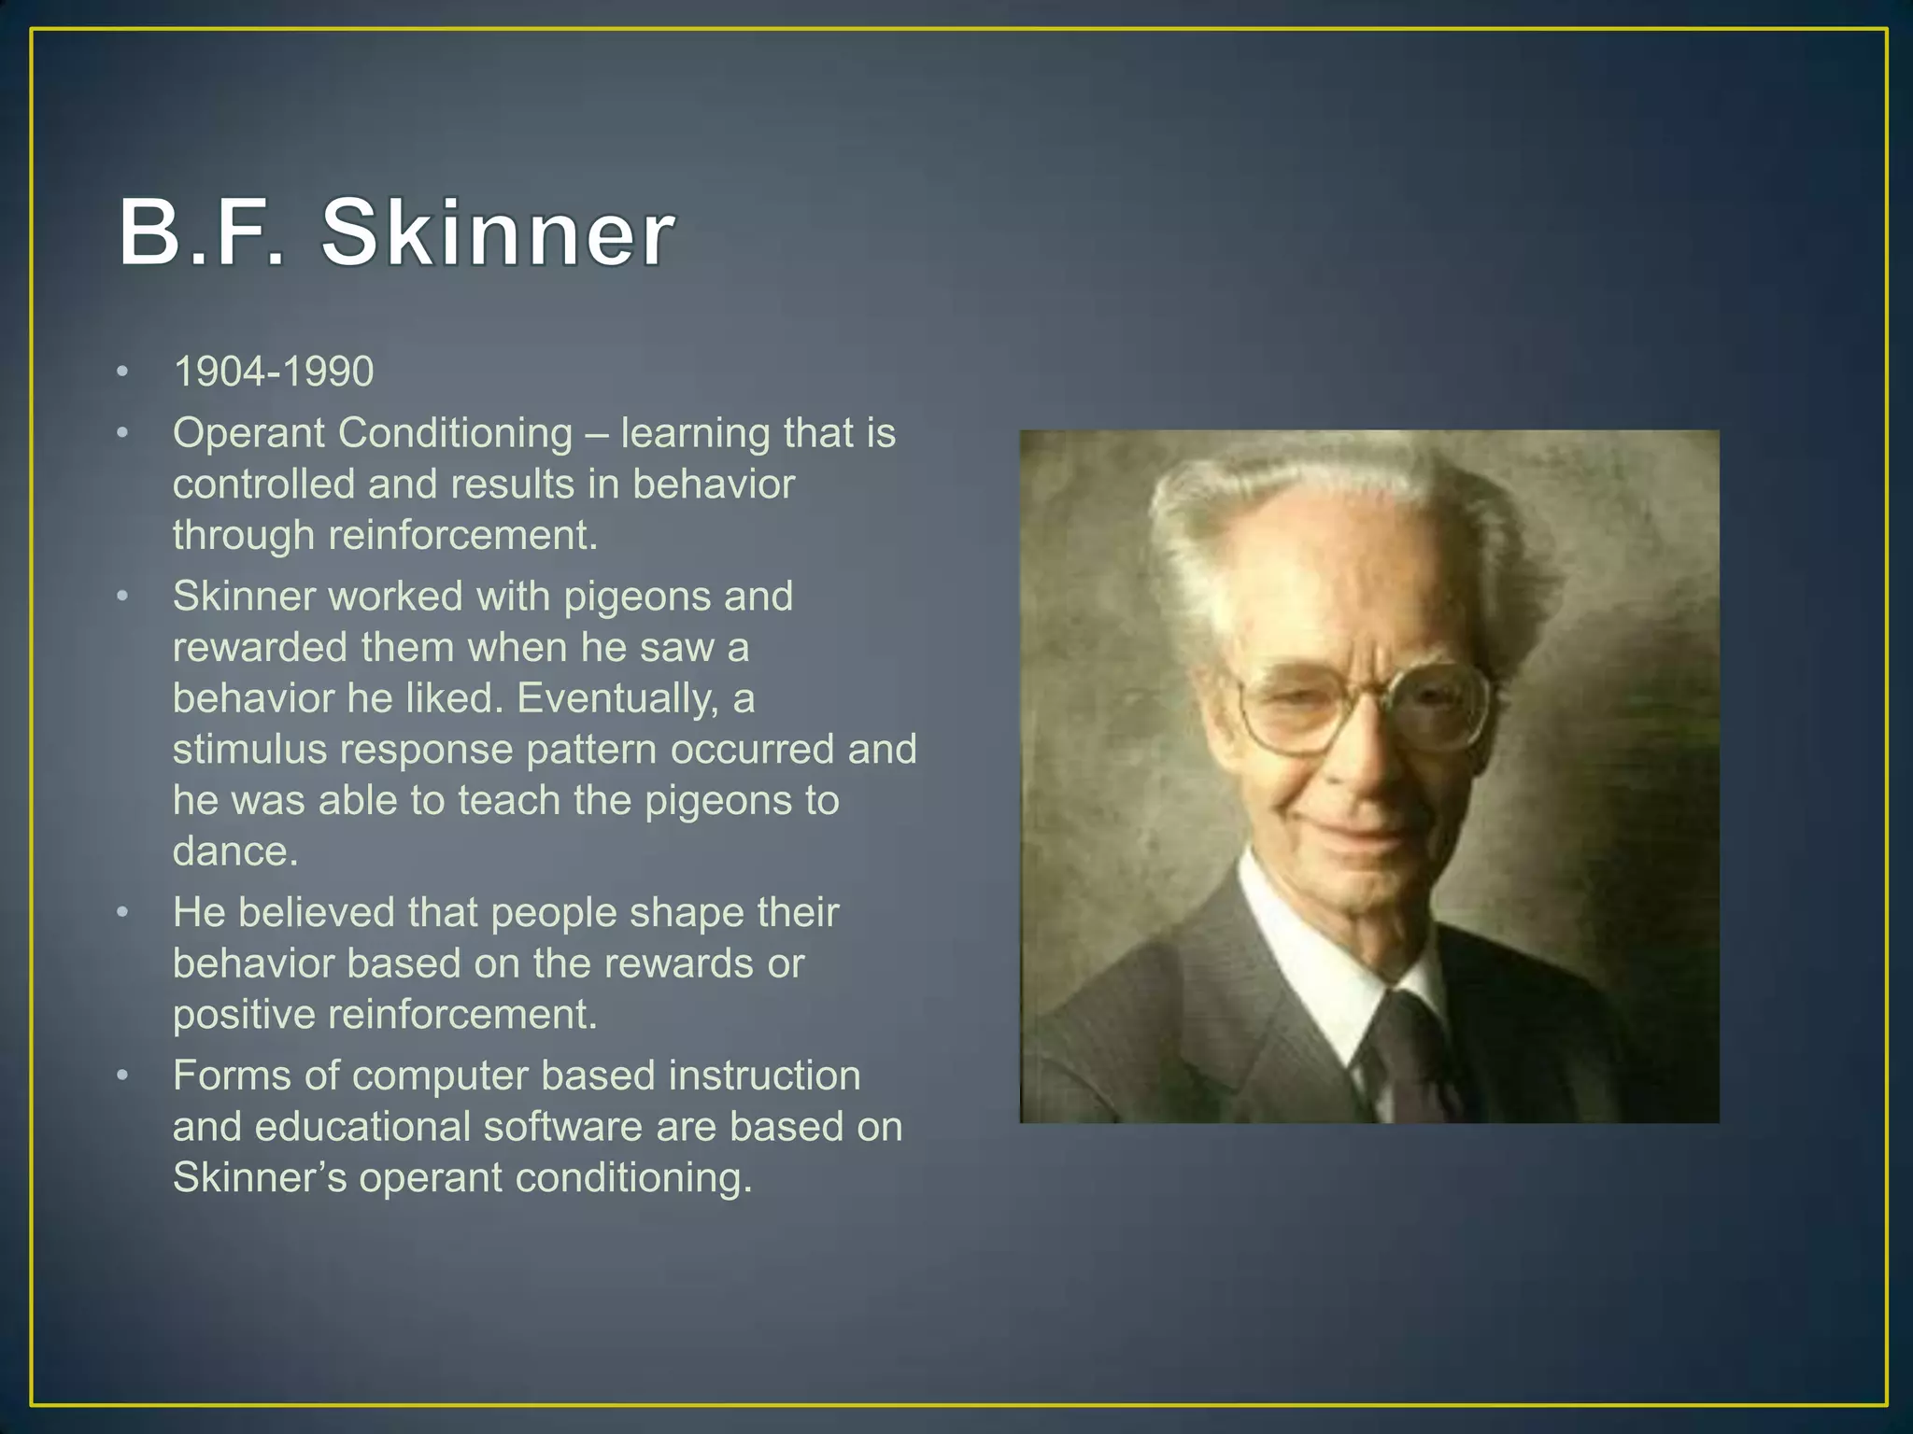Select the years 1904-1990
coord(274,372)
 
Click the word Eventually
coord(617,698)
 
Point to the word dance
coord(234,851)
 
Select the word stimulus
coord(249,750)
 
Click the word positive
coord(244,1015)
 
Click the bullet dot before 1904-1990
coord(122,373)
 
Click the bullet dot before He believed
coord(122,913)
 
